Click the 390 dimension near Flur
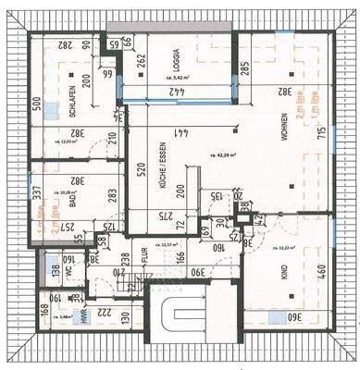click(x=197, y=271)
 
